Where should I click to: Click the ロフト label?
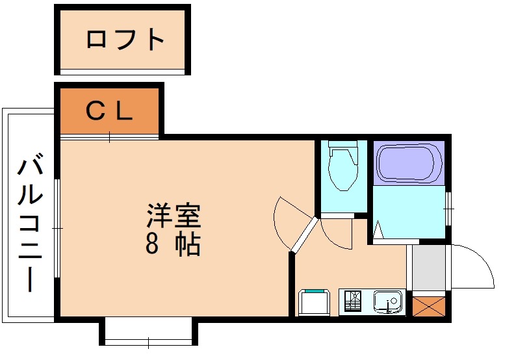(x=125, y=40)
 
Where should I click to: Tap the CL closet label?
(x=110, y=112)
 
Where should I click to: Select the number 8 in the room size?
(x=152, y=244)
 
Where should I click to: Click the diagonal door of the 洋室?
(x=303, y=235)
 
